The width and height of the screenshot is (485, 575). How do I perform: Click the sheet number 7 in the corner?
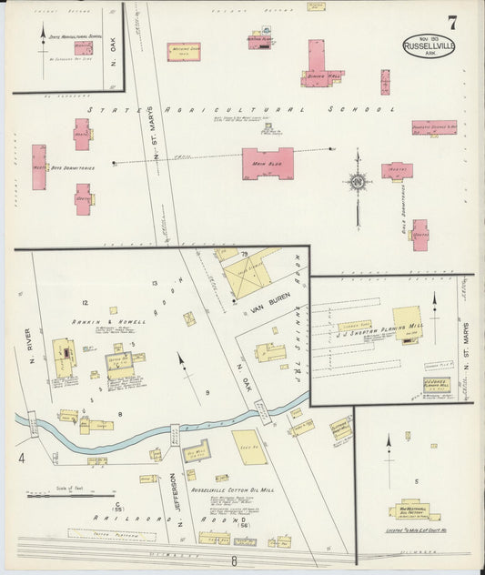tap(451, 22)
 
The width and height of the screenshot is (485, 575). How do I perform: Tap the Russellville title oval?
tap(429, 46)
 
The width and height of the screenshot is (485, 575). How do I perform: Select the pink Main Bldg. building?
tap(268, 163)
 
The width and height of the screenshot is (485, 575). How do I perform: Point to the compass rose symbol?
tap(358, 181)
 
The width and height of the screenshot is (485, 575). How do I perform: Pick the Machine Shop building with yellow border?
tap(183, 53)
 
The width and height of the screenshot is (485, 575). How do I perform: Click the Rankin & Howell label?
tap(97, 322)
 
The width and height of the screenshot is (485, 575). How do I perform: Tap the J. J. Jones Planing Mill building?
tap(436, 385)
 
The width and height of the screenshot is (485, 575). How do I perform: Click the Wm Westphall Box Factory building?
tap(414, 510)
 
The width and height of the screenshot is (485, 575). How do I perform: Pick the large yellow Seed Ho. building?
tap(249, 447)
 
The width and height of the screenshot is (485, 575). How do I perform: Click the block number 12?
tap(84, 301)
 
